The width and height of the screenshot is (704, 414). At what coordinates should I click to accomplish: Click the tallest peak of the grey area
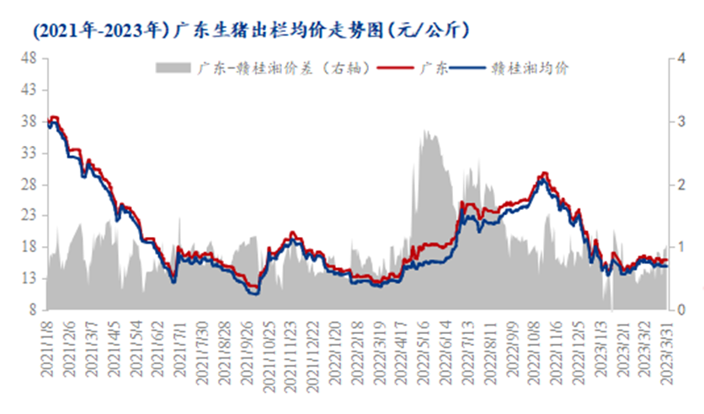tap(426, 131)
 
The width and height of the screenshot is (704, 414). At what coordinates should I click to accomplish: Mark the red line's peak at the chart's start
tap(55, 117)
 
